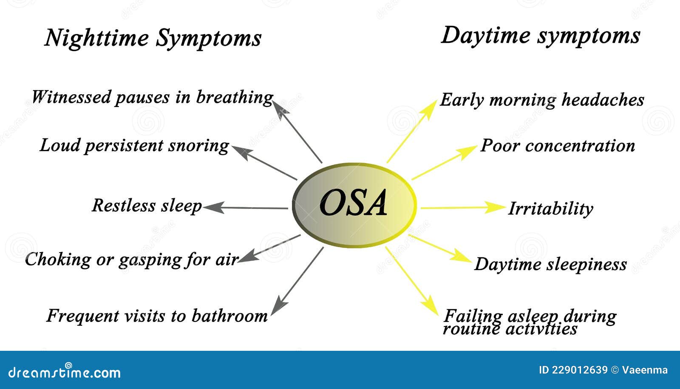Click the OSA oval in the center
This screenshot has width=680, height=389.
coord(354,205)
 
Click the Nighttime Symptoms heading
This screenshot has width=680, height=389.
coord(153,38)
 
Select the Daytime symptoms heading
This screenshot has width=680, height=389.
coord(540,35)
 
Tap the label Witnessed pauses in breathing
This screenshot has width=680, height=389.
coord(152,97)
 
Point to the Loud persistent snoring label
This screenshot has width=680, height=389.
coord(134,146)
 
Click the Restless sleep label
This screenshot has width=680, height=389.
coord(147,206)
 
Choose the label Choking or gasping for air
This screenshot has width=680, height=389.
coord(131,259)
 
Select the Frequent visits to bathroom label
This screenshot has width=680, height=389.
coord(157,316)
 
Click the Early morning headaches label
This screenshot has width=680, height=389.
coord(542,100)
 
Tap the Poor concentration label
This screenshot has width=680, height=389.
coord(558,146)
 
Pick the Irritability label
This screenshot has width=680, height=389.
coord(550,209)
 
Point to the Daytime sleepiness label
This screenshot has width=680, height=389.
coord(550,264)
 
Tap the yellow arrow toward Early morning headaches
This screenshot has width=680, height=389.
coord(411,131)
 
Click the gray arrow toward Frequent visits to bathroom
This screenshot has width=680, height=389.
coord(297,281)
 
